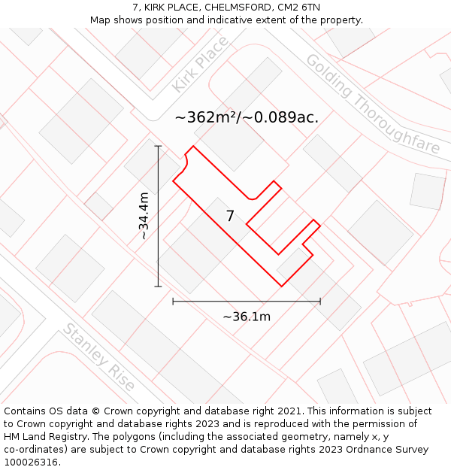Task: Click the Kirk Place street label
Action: (199, 64)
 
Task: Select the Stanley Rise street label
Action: (99, 356)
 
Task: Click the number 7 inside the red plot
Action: (230, 217)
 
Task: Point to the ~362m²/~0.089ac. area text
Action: (247, 117)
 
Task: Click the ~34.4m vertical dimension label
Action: (144, 216)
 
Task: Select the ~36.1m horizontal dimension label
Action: (247, 317)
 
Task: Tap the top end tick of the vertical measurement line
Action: (158, 146)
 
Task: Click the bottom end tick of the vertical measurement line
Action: (158, 287)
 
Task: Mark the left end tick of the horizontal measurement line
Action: (173, 302)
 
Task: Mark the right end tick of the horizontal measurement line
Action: (320, 302)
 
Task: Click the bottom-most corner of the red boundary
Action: (282, 287)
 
